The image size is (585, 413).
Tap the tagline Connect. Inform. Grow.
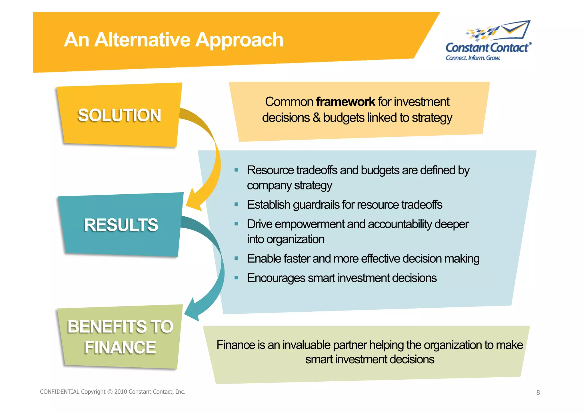coord(473,58)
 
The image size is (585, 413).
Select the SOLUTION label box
coord(119,115)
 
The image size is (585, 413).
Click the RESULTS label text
coord(121,225)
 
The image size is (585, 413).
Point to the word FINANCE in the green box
coord(120,348)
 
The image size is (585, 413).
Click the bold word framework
coord(346,102)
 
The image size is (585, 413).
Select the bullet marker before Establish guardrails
coord(236,204)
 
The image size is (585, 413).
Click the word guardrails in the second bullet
coord(316,205)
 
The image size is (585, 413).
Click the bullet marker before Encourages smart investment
coord(236,278)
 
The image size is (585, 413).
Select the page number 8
coord(538,392)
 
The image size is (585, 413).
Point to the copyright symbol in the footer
coord(110,392)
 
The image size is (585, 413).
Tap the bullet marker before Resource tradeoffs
coord(236,170)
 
